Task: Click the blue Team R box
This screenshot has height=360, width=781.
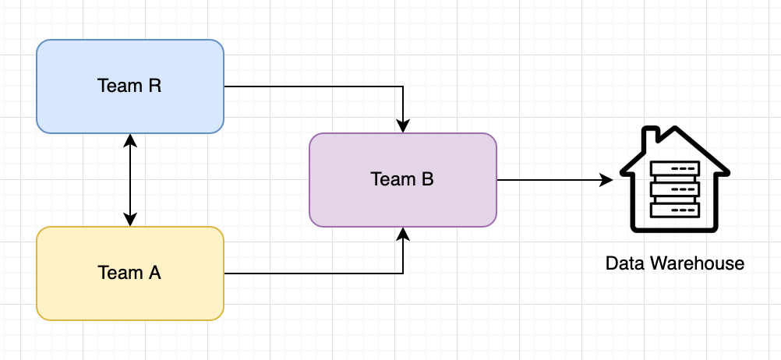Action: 130,109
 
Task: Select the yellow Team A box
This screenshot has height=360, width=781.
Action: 130,296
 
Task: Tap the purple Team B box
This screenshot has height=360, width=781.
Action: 402,203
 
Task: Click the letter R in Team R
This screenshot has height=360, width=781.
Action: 154,86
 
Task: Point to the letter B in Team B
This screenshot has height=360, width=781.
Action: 427,179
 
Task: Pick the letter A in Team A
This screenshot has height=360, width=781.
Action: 154,273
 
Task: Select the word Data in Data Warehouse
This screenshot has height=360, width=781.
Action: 623,263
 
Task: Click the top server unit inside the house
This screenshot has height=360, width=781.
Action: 675,168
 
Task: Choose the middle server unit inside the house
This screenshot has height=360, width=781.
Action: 675,189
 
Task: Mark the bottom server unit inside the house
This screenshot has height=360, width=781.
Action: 675,210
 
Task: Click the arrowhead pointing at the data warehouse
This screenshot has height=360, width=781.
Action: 607,180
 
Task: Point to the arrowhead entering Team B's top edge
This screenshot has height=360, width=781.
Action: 403,125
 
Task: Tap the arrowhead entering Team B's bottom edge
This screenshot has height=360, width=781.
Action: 403,234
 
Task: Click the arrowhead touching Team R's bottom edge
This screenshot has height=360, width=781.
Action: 130,140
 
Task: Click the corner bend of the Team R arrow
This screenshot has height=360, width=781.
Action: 403,86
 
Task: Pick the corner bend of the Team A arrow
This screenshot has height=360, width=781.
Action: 403,274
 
